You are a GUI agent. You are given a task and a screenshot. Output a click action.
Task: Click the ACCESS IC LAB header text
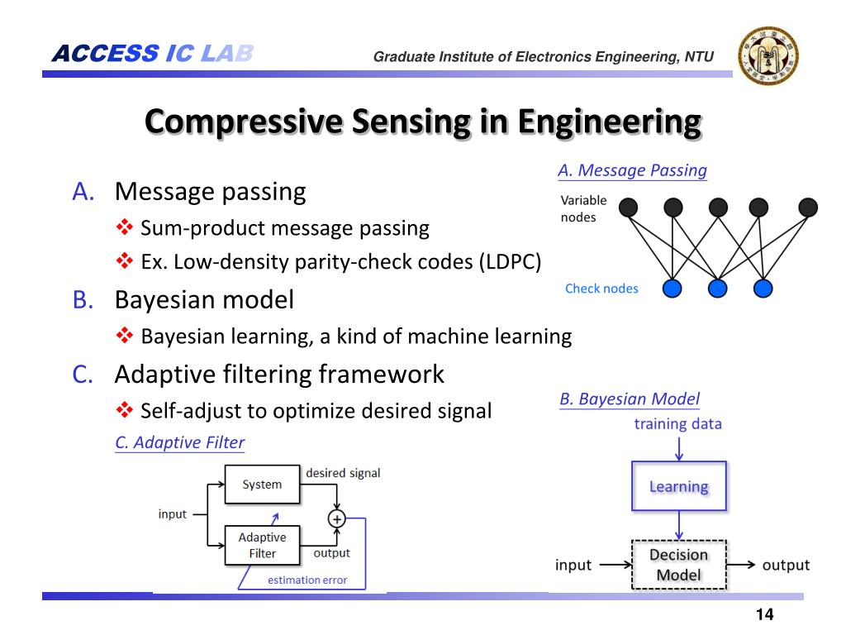point(152,55)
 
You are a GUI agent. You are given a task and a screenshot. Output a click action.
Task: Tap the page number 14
point(764,614)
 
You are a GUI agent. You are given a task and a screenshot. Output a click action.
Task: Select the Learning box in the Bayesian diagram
point(678,486)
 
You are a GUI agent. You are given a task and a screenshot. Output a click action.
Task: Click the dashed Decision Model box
point(678,565)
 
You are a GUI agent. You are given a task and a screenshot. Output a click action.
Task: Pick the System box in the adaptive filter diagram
point(262,485)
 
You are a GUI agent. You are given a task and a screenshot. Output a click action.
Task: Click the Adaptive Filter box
point(262,546)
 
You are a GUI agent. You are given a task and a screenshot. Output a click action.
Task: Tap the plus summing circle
point(337,518)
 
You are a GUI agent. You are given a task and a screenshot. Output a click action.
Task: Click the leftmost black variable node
point(629,207)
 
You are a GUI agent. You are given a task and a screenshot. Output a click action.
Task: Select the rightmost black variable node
point(808,207)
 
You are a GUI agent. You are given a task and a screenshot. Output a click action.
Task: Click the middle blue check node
point(717,288)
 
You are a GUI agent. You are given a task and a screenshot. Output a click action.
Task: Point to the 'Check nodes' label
point(601,289)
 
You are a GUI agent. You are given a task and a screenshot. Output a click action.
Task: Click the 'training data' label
point(677,424)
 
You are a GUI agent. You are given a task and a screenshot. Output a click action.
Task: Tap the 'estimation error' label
point(307,580)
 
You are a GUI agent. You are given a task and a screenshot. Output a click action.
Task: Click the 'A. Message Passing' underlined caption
point(632,170)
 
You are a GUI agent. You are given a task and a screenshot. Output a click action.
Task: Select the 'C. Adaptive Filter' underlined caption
point(179,442)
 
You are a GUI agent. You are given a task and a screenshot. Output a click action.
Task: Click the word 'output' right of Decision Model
point(785,566)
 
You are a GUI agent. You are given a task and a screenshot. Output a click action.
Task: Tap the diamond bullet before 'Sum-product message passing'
point(124,227)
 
